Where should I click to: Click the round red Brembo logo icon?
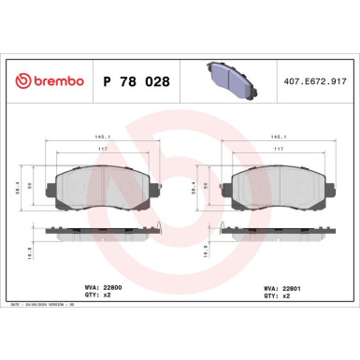click(x=17, y=82)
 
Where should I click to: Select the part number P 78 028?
click(x=135, y=82)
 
